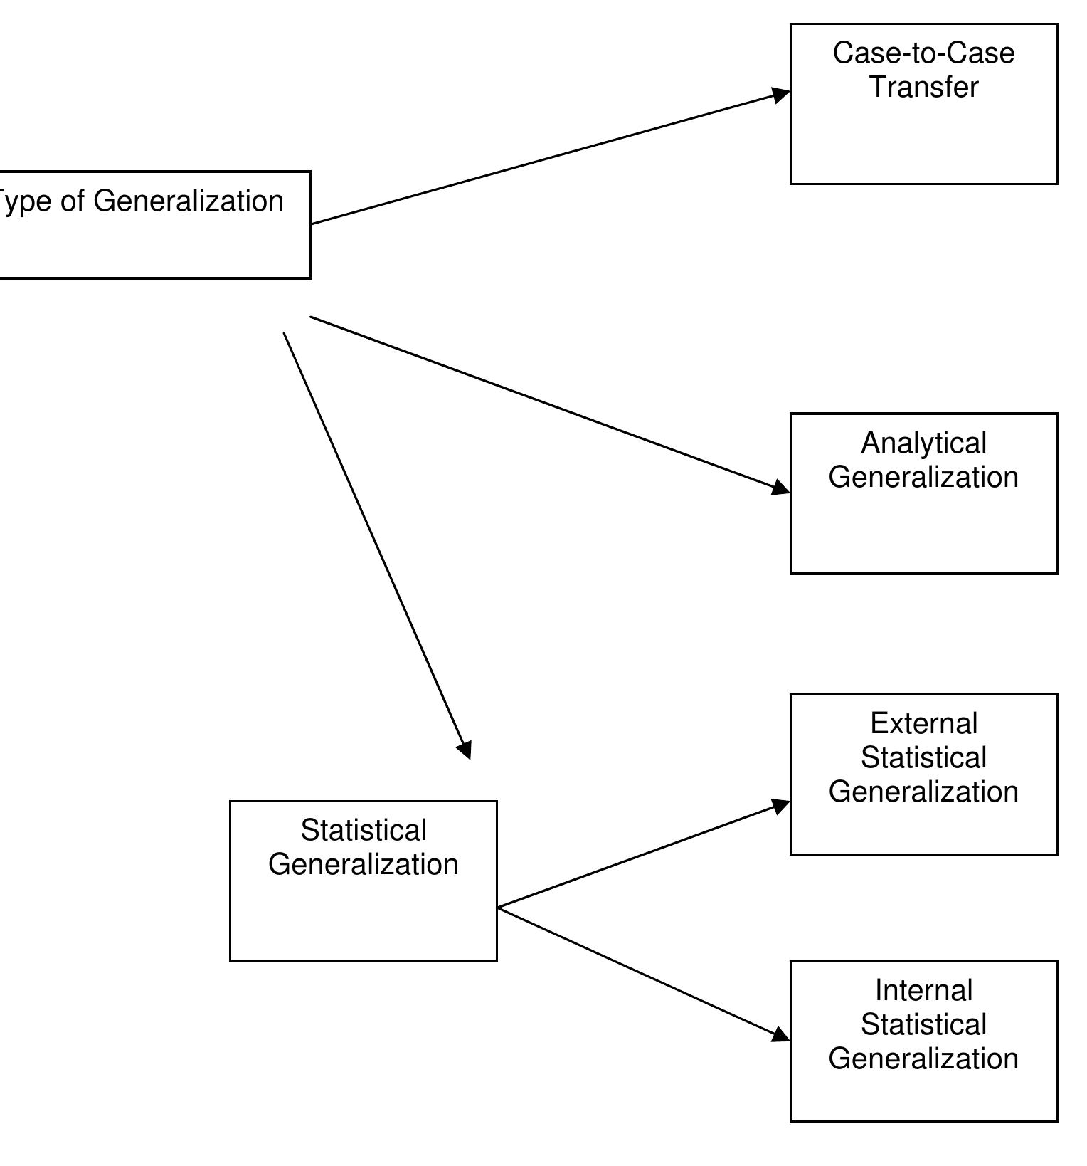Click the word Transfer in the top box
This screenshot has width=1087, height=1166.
coord(923,87)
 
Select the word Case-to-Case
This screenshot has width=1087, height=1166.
coord(923,53)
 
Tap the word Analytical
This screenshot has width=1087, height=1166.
coord(923,443)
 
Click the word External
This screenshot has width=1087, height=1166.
coord(923,724)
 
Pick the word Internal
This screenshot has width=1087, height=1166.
coord(923,991)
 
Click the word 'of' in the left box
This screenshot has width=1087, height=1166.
coord(73,201)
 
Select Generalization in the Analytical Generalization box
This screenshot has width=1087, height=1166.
coord(923,477)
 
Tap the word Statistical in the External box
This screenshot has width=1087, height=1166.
coord(923,758)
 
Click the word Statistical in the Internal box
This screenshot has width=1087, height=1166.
coord(923,1025)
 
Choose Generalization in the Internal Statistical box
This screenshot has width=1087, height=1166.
coord(923,1059)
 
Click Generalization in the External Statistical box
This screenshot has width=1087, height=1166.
coord(923,792)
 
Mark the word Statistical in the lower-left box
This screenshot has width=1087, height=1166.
coord(364,831)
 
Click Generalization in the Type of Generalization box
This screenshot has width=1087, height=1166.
coord(189,201)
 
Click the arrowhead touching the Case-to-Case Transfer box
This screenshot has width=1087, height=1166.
coord(781,95)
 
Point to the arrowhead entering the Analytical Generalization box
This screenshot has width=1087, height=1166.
coord(781,488)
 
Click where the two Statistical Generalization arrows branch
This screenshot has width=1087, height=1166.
coord(499,908)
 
